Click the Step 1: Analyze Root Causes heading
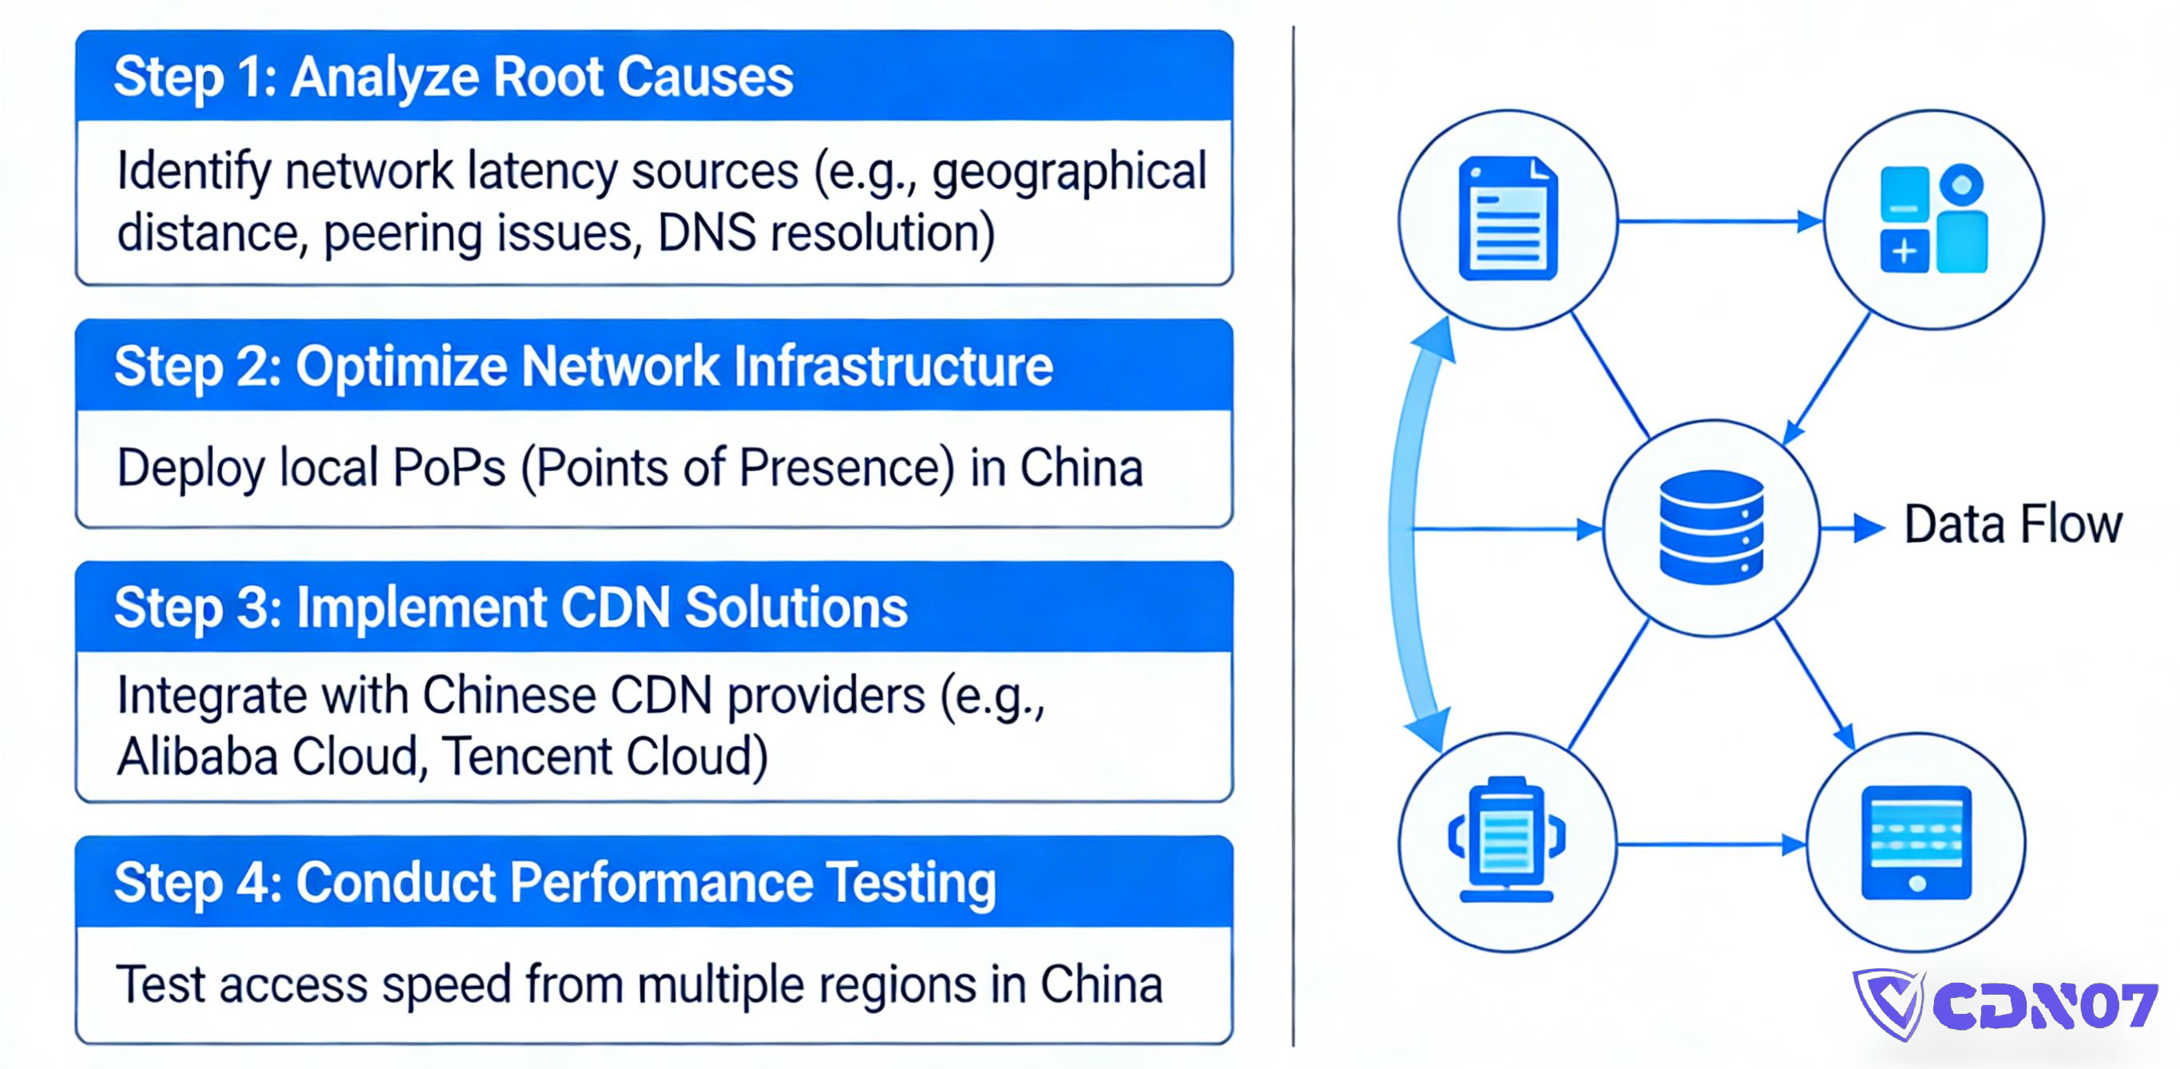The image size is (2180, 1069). point(454,77)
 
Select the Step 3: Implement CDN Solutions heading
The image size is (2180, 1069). point(510,608)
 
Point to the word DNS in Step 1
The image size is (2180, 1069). point(706,233)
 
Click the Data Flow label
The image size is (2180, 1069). point(2012,524)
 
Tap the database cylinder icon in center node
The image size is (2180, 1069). point(1711,526)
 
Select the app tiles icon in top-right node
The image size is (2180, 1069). point(1933,220)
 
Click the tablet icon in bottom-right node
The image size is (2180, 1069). point(1916,842)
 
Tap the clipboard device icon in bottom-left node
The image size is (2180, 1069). point(1506,841)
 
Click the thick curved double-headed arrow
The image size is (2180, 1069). point(1405,533)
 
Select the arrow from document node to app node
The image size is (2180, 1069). point(1718,222)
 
